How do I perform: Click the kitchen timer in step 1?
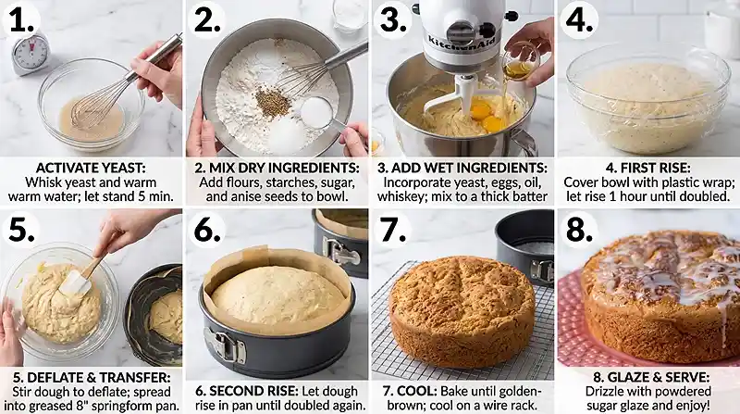[31, 54]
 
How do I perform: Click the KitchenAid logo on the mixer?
[462, 44]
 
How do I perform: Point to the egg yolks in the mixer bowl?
[487, 118]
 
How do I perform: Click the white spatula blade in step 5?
[75, 284]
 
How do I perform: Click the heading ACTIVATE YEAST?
[91, 168]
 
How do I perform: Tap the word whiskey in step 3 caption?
[401, 196]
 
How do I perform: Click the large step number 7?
[392, 231]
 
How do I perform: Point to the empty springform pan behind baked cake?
[524, 245]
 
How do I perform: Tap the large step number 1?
[20, 21]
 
